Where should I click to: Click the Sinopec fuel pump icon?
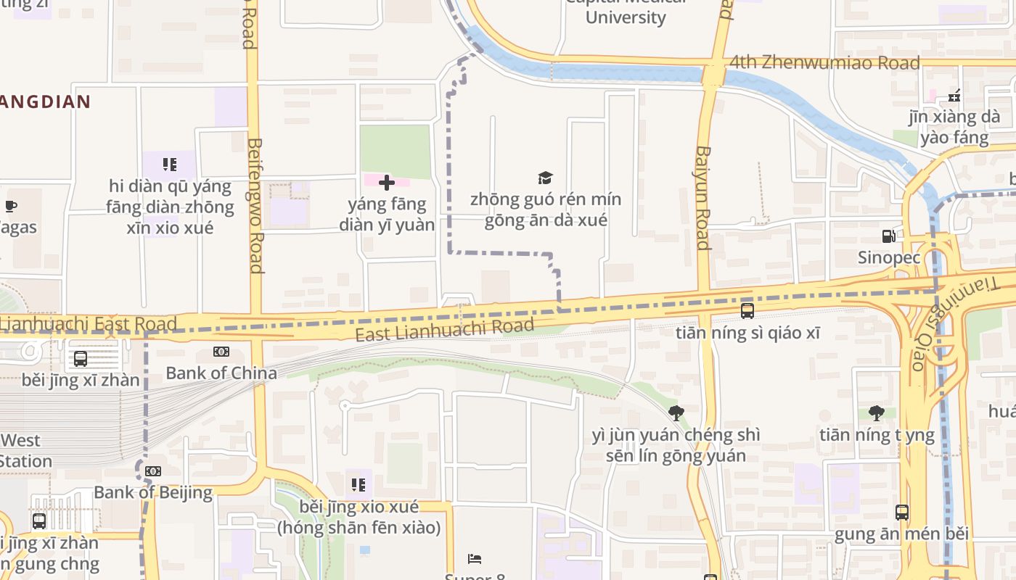click(888, 236)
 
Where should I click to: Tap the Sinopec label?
click(889, 257)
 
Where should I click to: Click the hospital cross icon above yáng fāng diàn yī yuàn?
click(387, 183)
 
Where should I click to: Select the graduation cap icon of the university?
click(545, 178)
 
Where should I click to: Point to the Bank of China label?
click(221, 373)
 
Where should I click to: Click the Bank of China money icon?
click(221, 352)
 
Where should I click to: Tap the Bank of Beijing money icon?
click(152, 471)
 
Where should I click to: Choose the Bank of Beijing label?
click(153, 493)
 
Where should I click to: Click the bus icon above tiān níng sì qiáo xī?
click(747, 311)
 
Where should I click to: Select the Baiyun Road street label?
click(702, 197)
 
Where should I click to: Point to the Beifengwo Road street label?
click(255, 206)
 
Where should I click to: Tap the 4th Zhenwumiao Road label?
click(824, 63)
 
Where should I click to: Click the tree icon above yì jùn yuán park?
click(676, 413)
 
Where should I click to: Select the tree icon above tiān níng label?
click(877, 413)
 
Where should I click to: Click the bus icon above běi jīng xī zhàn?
click(81, 358)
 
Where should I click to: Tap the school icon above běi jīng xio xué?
click(358, 484)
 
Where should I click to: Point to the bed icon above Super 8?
click(475, 559)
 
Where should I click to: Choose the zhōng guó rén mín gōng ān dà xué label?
click(546, 210)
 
